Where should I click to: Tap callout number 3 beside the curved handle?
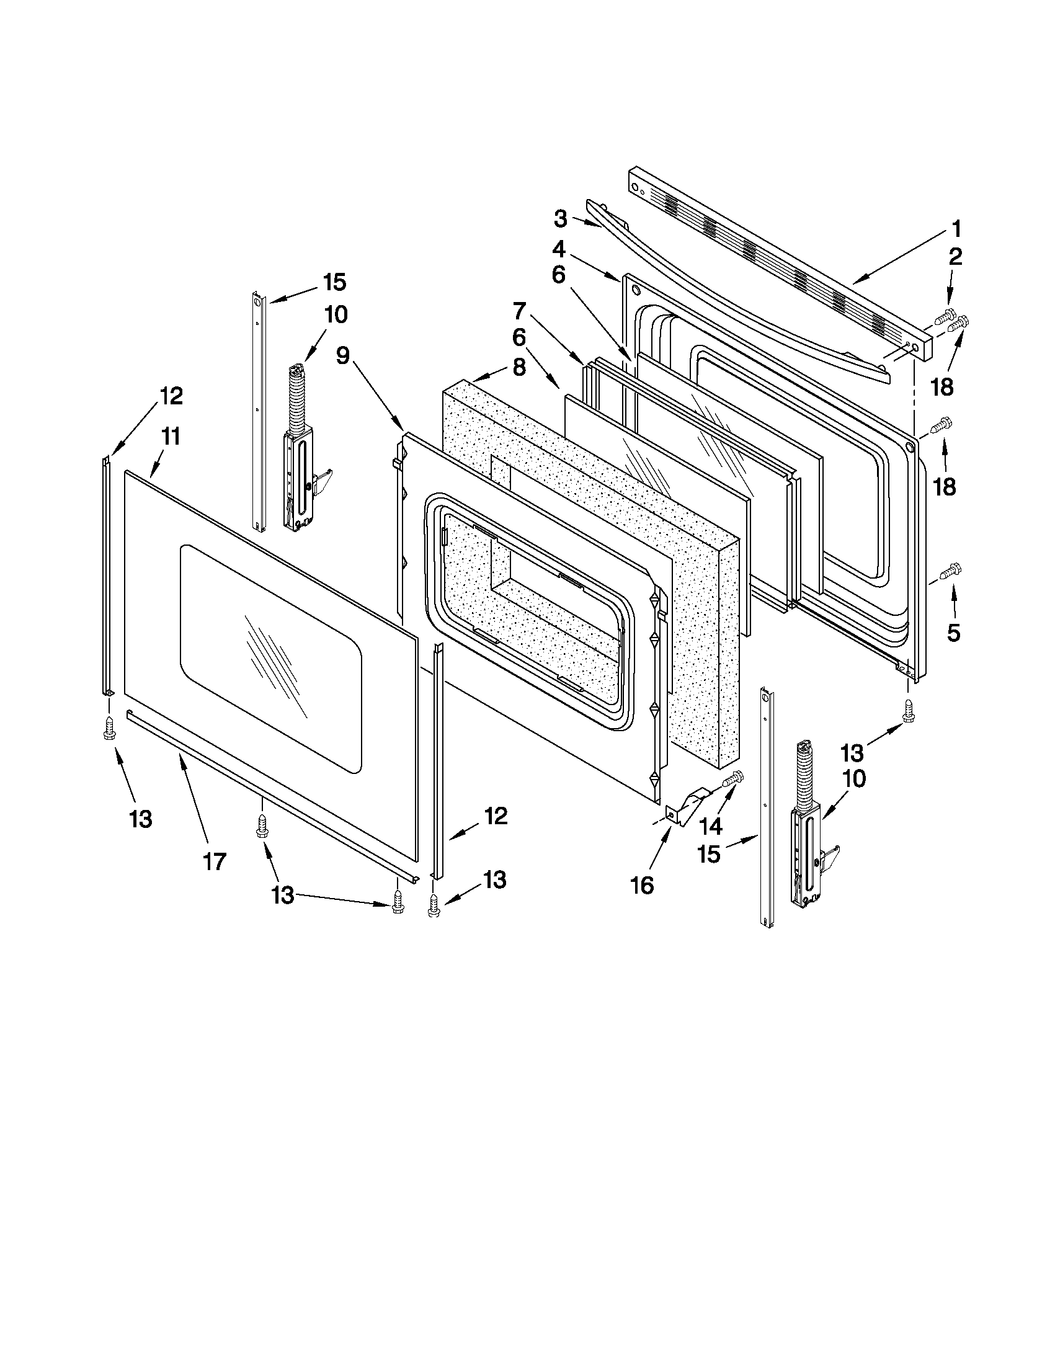coord(561,219)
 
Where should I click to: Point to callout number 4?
coord(559,250)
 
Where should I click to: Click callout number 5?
coord(953,633)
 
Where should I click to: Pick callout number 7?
coord(520,311)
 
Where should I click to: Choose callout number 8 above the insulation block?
coord(519,367)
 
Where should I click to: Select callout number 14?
coord(710,826)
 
